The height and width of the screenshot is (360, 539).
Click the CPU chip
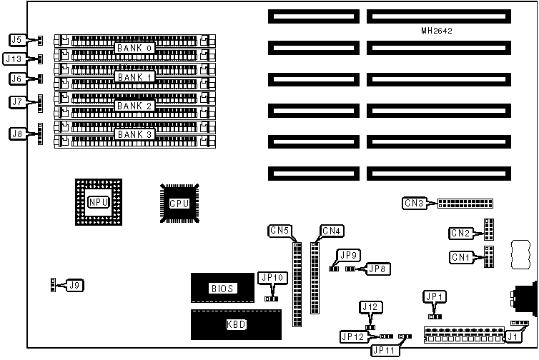[x=179, y=204]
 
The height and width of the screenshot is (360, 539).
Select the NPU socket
[x=98, y=202]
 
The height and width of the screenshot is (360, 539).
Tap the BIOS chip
[x=221, y=289]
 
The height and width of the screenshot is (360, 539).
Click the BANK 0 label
[x=135, y=48]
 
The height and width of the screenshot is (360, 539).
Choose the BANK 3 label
[x=135, y=134]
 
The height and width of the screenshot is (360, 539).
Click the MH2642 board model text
[x=437, y=31]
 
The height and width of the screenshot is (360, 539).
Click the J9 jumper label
[x=74, y=286]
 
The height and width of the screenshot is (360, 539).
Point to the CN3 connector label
[x=415, y=204]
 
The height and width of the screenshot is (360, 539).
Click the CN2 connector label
[x=460, y=233]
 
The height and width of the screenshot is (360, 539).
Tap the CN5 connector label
[x=280, y=231]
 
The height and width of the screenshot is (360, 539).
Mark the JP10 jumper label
[x=272, y=277]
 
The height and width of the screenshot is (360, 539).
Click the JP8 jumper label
[x=376, y=269]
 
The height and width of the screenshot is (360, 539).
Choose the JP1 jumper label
[x=434, y=296]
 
